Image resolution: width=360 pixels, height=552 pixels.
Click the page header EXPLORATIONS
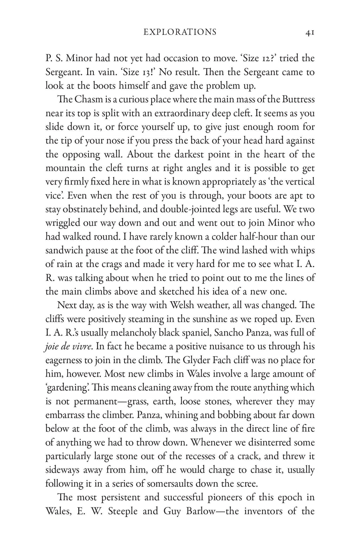click(x=180, y=32)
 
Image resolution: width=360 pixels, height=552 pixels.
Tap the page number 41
click(x=310, y=33)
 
